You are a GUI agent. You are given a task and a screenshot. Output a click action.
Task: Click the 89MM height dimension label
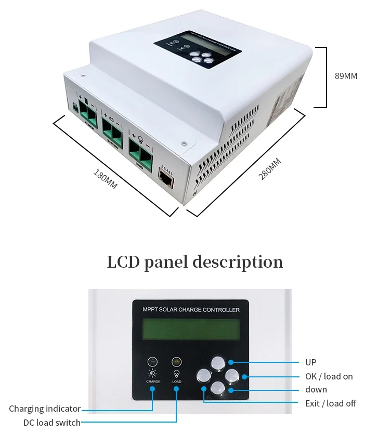[x=346, y=76]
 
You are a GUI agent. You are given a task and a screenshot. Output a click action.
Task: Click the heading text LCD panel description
[x=195, y=261]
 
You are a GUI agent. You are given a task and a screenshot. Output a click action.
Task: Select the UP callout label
[x=310, y=362]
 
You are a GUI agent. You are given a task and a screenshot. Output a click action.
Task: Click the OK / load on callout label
[x=329, y=376]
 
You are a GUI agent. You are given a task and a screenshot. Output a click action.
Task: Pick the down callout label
[x=316, y=389]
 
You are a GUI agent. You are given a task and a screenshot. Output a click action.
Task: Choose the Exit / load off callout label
[x=330, y=403]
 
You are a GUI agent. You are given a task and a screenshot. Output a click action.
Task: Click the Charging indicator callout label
[x=45, y=409]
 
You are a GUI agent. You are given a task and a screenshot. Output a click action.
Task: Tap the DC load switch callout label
[x=52, y=423]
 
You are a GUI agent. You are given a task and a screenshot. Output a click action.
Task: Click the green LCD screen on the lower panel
[x=191, y=330]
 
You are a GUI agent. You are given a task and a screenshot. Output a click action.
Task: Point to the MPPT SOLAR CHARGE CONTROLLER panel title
[x=191, y=310]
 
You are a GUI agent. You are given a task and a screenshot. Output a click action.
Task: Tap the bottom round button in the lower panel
[x=217, y=388]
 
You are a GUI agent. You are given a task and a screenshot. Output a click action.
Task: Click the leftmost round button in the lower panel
[x=204, y=375]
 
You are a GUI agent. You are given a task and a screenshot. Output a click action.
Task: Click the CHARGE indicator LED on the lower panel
[x=153, y=361]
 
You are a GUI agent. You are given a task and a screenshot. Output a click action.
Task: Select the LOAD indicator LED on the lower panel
[x=177, y=361]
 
